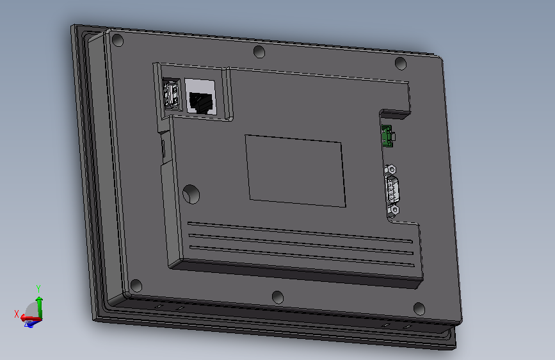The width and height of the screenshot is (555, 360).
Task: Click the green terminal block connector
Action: tap(388, 136)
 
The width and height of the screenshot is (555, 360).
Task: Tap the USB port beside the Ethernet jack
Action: tap(172, 94)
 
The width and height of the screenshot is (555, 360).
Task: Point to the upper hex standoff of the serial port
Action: tap(390, 170)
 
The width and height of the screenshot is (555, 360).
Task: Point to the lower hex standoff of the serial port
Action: tap(393, 211)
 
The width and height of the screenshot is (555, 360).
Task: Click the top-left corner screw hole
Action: tap(118, 40)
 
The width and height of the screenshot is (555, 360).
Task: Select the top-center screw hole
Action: tap(259, 52)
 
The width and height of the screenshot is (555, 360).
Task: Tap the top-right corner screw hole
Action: tap(400, 63)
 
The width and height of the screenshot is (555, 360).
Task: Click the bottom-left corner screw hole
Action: tap(136, 286)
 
